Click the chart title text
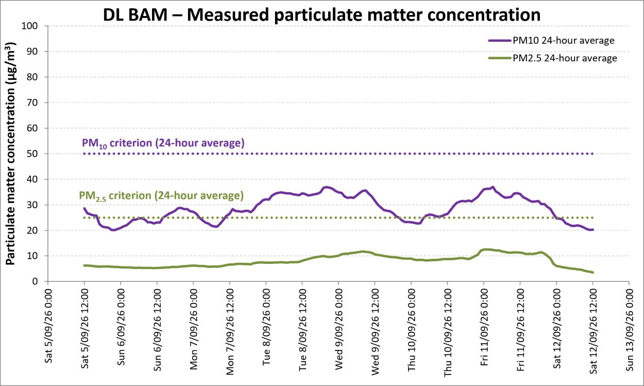coord(321,15)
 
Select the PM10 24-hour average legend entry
coord(551,41)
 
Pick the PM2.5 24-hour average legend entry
coord(553,58)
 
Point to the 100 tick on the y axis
coord(29,26)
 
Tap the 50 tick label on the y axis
coord(32,154)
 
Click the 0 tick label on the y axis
coord(35,281)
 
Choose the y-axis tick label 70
coord(32,103)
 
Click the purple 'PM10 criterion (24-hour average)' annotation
coord(163,143)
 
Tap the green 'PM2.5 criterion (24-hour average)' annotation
coord(161,196)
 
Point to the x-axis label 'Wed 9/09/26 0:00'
coord(339,329)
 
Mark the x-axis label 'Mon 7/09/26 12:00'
coord(230,332)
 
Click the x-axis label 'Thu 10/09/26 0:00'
coord(412,330)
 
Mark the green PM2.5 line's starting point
coord(84,265)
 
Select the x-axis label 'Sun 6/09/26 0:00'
coord(121,327)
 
